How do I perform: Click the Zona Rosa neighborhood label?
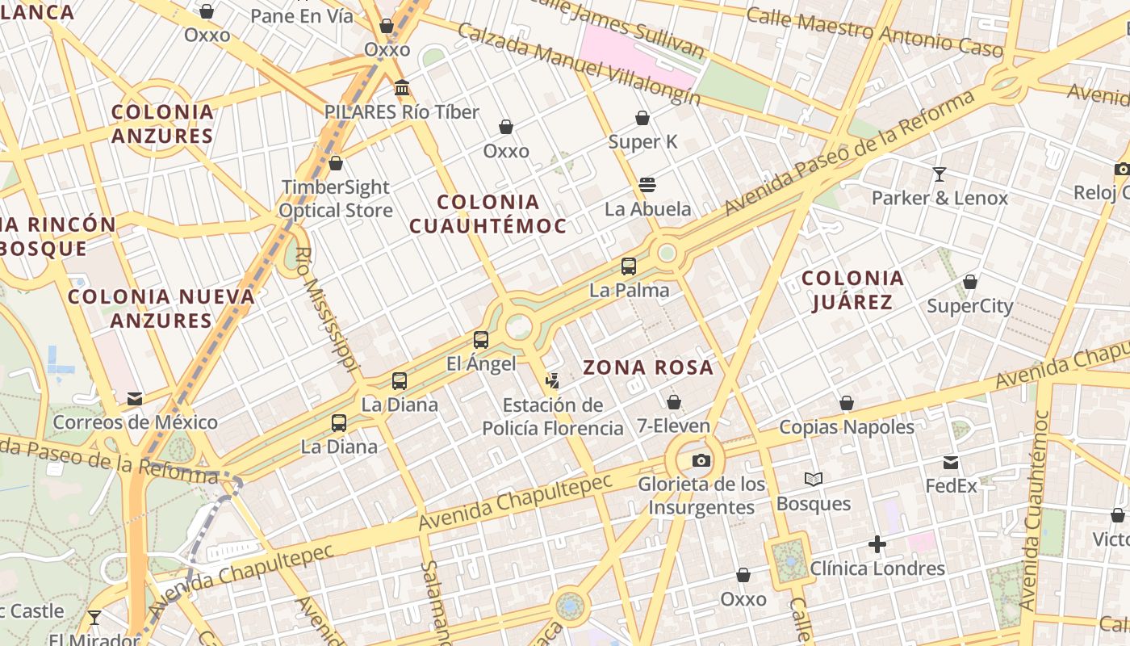(648, 368)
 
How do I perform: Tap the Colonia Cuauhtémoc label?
(488, 214)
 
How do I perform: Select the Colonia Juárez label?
(852, 291)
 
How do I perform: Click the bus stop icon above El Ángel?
(481, 340)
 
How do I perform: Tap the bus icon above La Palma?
(629, 266)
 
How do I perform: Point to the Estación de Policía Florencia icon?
(553, 380)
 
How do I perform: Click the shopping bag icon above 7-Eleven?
(674, 401)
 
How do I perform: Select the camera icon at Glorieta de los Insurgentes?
(701, 460)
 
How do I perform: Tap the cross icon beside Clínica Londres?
(877, 545)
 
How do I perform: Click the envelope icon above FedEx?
(951, 463)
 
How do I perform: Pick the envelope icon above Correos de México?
(135, 398)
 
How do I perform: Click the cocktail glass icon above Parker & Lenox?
(940, 174)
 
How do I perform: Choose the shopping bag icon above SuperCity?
(970, 282)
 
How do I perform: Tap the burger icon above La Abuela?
(647, 185)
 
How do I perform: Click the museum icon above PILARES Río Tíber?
(402, 87)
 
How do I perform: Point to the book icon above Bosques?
(814, 480)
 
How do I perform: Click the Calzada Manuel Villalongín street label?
(578, 63)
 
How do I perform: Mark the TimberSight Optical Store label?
(336, 199)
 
